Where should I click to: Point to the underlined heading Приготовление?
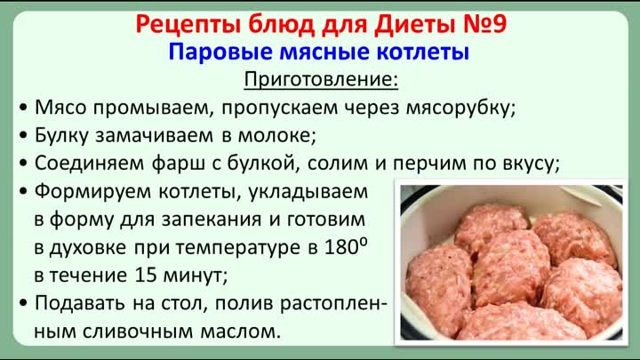(321, 80)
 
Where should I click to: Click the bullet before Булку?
(23, 135)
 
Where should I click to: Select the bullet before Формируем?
(23, 191)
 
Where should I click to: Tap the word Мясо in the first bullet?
(60, 108)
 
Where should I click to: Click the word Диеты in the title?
(415, 25)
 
